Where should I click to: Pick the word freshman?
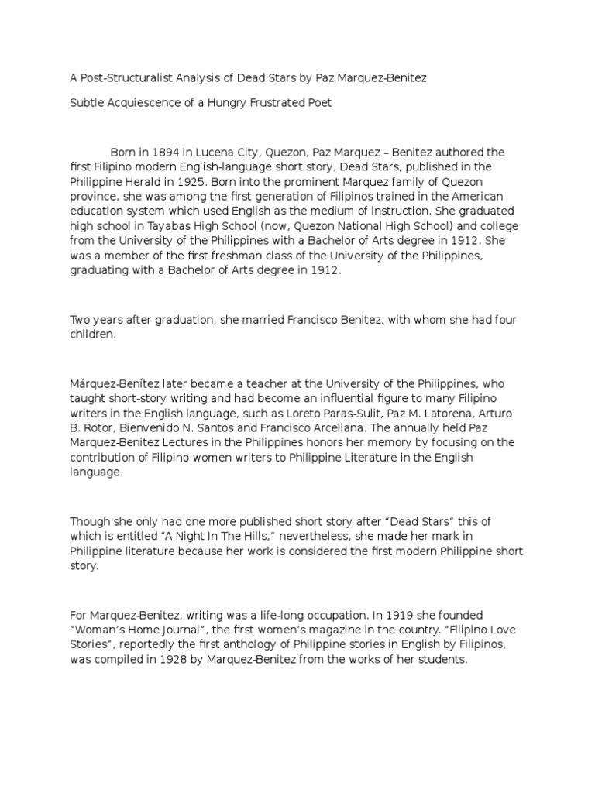[x=256, y=255]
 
